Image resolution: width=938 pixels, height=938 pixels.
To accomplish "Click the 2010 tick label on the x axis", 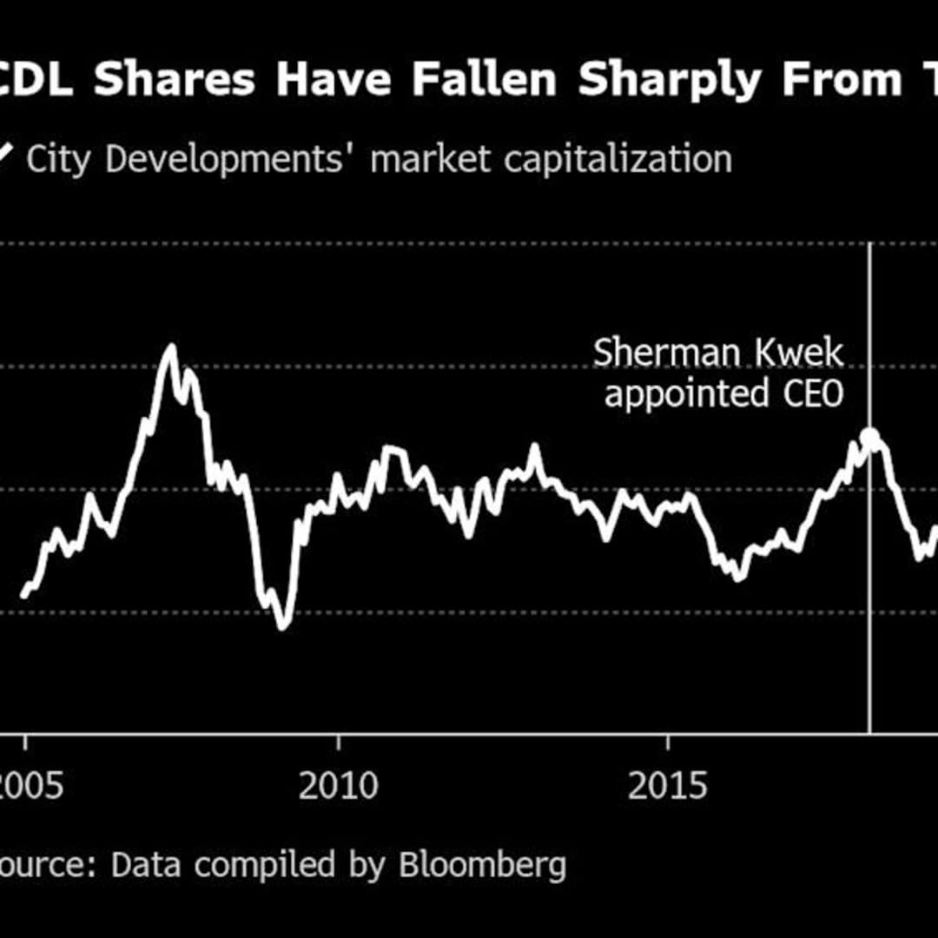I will [339, 786].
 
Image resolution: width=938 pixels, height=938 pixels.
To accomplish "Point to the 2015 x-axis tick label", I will [668, 786].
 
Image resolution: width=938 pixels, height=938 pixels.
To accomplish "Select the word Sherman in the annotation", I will [656, 353].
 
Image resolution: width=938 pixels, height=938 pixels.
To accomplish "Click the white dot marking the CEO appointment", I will [869, 437].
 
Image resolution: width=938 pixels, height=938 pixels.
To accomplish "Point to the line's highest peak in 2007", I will [171, 347].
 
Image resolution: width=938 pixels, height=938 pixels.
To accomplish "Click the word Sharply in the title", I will [671, 80].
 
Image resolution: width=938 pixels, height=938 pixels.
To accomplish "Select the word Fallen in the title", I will [484, 80].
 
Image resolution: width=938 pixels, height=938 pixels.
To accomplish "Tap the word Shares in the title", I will [175, 80].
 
